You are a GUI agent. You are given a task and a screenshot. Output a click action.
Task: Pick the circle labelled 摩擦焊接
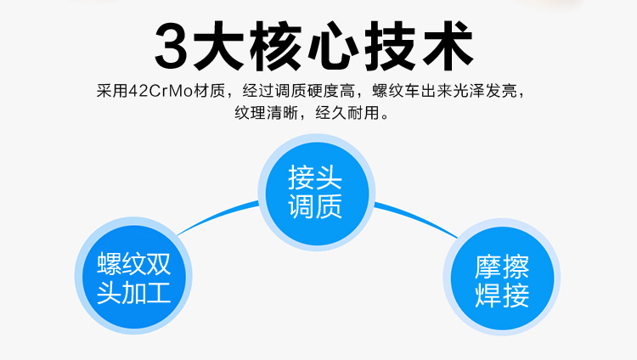click(x=502, y=282)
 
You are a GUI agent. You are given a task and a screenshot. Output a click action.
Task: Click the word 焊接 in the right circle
click(x=502, y=297)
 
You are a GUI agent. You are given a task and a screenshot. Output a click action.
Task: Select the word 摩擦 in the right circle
click(x=502, y=267)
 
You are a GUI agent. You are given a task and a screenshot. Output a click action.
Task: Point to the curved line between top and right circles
click(x=416, y=219)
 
